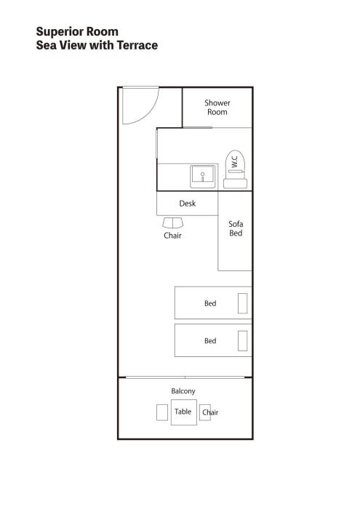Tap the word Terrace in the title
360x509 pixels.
[137, 45]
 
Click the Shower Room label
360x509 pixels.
[217, 108]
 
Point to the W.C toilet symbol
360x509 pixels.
[236, 169]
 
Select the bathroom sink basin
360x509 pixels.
[203, 176]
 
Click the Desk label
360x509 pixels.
[188, 204]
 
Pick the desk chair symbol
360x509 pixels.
[172, 223]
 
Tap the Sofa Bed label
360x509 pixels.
[236, 228]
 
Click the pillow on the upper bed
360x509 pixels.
[242, 303]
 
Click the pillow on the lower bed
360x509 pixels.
[242, 341]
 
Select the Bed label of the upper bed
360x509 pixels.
[210, 303]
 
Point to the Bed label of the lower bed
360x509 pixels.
[210, 341]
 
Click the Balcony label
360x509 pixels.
[183, 391]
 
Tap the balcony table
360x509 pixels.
[184, 412]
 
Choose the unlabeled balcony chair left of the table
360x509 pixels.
[162, 412]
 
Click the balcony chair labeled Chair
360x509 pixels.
[205, 412]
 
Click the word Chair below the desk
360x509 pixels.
[172, 236]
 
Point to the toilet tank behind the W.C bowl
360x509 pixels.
[236, 184]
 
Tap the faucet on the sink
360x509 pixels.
[203, 176]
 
